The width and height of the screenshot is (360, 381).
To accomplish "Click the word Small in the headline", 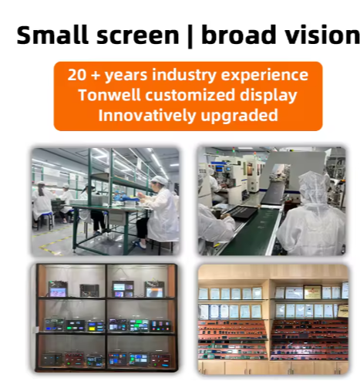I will pyautogui.click(x=52, y=35).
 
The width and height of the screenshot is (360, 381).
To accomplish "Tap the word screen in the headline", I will pyautogui.click(x=136, y=35).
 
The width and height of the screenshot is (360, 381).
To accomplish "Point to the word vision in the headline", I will pyautogui.click(x=319, y=35).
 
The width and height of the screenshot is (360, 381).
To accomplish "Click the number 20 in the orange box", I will pyautogui.click(x=77, y=76).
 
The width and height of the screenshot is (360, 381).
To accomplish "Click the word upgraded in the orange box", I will pyautogui.click(x=239, y=116).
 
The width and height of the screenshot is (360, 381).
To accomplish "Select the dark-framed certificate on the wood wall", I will pyautogui.click(x=311, y=292).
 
